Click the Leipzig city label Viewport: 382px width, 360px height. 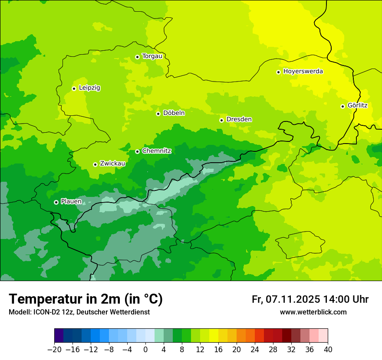coord(89,88)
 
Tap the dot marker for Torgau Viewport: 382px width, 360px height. coord(137,57)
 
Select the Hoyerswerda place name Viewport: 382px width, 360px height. coord(303,71)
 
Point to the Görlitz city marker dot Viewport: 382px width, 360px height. coord(342,106)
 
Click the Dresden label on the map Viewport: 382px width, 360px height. coord(239,119)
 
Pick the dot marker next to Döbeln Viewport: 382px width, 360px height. coord(158,114)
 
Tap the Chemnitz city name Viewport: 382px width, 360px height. coord(156,151)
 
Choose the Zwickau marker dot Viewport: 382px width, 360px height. coord(95,164)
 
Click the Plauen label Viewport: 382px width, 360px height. coord(71,201)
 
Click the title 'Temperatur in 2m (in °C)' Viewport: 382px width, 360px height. coord(86,299)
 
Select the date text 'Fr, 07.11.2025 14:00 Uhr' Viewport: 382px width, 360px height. coord(310,299)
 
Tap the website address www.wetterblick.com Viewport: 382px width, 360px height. coord(313,312)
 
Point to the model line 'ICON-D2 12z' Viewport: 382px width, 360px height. coord(79,312)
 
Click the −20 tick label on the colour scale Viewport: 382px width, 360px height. coord(54,349)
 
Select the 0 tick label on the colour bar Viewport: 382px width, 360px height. coord(145,349)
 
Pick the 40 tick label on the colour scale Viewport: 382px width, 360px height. coord(328,349)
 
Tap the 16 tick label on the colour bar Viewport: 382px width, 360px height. coord(218,349)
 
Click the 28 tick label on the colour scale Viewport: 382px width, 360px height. coord(273,349)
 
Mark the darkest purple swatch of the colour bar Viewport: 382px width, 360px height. coord(59,336)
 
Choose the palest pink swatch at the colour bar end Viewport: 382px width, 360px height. coord(323,336)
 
